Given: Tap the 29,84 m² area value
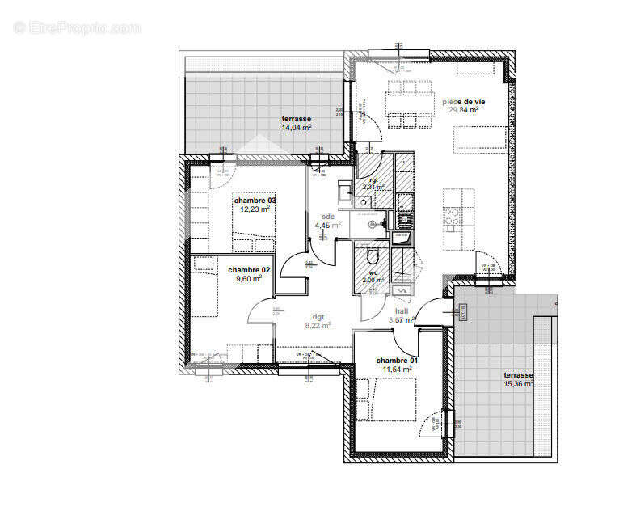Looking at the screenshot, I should point(464,111).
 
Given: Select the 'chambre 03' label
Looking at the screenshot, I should point(255,200).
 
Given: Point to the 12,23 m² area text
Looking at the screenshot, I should point(255,209).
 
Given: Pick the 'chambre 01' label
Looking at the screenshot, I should point(397,360).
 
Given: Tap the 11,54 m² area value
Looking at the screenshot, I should point(397,370).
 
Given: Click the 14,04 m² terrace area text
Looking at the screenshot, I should point(297,128).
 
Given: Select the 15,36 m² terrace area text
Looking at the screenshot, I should point(517,384).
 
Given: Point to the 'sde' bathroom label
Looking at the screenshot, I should point(327,217).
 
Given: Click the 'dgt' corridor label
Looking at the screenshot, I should point(318,317).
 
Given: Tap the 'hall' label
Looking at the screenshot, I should point(402,311).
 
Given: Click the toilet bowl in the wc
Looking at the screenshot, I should point(373,257).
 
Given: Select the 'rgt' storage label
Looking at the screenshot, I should point(373,179).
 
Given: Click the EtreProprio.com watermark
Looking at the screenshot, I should point(77,27).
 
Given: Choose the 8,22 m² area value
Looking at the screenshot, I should point(317,326).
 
